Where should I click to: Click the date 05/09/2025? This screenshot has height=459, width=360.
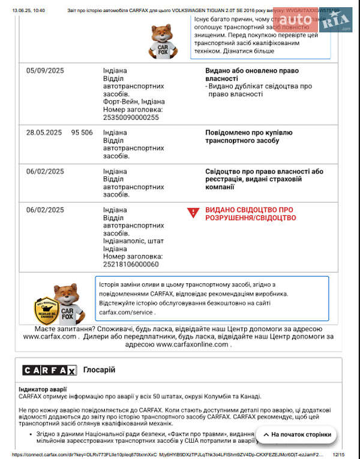pos(45,71)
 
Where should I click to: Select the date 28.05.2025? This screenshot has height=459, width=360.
pos(44,133)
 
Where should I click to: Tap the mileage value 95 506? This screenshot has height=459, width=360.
pos(82,133)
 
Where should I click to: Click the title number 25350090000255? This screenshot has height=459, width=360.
pos(131,118)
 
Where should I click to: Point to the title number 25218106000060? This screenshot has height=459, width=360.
pos(131,264)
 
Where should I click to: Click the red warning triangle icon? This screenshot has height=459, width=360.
pos(193,212)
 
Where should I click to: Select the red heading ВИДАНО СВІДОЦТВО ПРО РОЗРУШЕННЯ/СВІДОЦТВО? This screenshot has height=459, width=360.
pos(250,214)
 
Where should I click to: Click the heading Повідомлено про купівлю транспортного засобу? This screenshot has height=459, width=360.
pos(248,136)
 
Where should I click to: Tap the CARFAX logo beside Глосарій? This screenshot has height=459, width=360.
pos(49,370)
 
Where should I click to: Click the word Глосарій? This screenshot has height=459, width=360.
pos(99,370)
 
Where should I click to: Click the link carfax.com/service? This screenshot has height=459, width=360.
pos(127,312)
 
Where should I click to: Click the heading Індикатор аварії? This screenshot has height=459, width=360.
pos(43,389)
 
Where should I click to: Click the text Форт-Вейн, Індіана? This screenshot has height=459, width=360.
pos(134,102)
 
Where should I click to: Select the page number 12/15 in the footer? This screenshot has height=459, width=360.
pos(339,455)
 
